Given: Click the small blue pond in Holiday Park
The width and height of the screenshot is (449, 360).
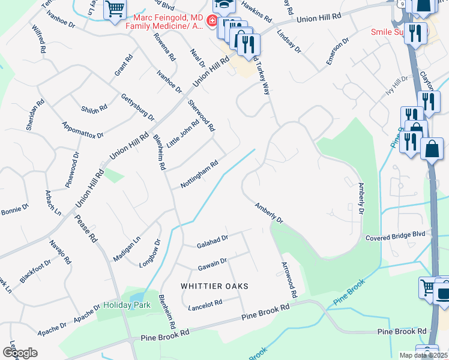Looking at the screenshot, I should pos(136,297).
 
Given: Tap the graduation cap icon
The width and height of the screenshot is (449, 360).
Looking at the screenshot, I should pos(223,5).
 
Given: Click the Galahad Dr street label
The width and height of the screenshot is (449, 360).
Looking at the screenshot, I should pos(213,241).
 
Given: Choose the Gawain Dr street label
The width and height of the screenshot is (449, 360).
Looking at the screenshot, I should pos(212,263).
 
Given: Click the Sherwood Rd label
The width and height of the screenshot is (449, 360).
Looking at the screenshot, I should pos(201,115).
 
